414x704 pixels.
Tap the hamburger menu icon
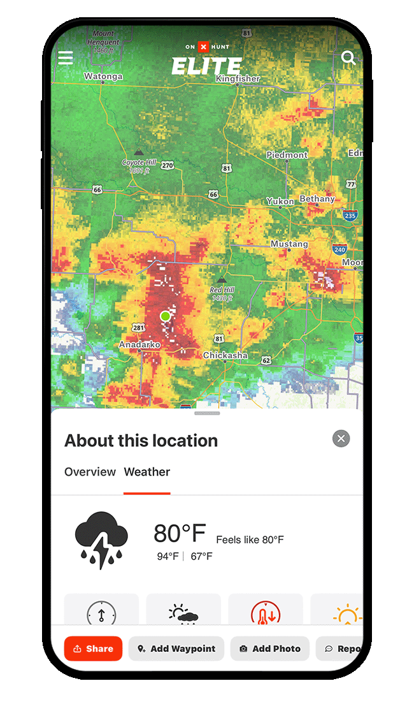click(x=66, y=58)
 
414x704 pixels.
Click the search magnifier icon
click(x=348, y=58)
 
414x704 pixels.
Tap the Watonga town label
click(x=103, y=77)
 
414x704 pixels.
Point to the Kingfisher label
click(x=238, y=78)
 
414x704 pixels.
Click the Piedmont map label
click(x=287, y=155)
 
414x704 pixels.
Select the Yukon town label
click(x=280, y=201)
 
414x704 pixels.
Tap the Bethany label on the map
click(x=317, y=199)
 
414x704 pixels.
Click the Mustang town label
click(x=289, y=244)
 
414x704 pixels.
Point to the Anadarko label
click(x=139, y=344)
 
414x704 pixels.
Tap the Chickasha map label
click(x=225, y=355)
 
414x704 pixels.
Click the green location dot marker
click(x=165, y=316)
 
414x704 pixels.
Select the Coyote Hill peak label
click(x=138, y=163)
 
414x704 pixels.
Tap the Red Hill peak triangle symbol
click(x=222, y=279)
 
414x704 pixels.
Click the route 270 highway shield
click(x=167, y=166)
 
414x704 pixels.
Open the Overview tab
click(x=90, y=472)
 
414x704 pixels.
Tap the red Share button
click(x=93, y=649)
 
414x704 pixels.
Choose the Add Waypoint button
click(x=176, y=649)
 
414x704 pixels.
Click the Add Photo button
click(x=269, y=649)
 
